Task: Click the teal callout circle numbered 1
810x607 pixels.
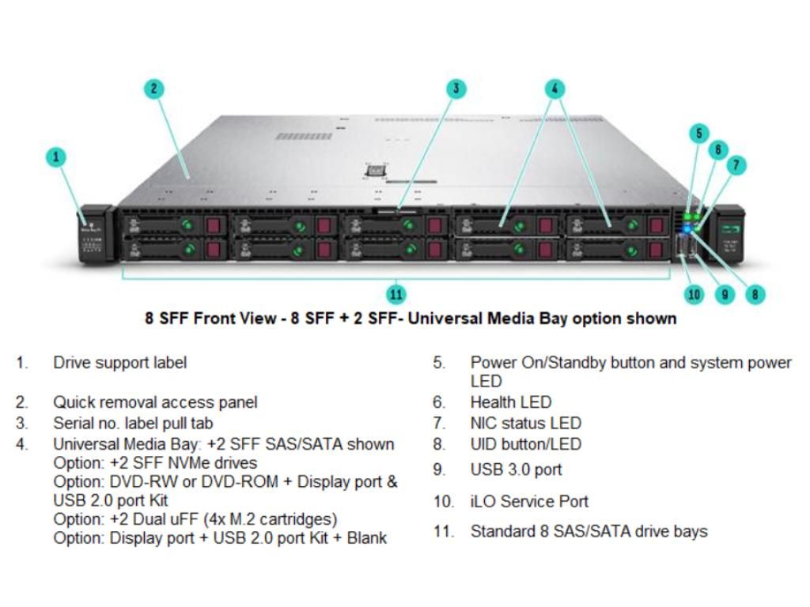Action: pyautogui.click(x=55, y=156)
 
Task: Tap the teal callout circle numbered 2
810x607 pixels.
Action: pyautogui.click(x=154, y=89)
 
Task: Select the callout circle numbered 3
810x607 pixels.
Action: pyautogui.click(x=456, y=89)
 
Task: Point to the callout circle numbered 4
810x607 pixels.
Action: pyautogui.click(x=555, y=89)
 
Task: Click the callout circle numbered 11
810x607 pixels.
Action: pyautogui.click(x=396, y=294)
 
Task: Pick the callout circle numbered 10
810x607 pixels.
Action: pyautogui.click(x=694, y=294)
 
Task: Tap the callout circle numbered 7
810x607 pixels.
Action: pyautogui.click(x=736, y=164)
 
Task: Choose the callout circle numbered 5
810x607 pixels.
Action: pyautogui.click(x=698, y=133)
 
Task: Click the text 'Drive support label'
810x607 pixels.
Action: pyautogui.click(x=120, y=363)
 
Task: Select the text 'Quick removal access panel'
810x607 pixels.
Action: pyautogui.click(x=155, y=402)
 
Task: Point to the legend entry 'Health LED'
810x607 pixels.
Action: pyautogui.click(x=511, y=402)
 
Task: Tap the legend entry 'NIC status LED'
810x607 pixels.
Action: pyautogui.click(x=525, y=424)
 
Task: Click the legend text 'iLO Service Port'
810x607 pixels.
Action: pyautogui.click(x=529, y=501)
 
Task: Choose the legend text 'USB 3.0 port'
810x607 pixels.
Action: pyautogui.click(x=516, y=469)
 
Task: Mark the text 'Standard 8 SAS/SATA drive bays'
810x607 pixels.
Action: pyautogui.click(x=589, y=531)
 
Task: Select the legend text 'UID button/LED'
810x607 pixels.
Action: pyautogui.click(x=525, y=444)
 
